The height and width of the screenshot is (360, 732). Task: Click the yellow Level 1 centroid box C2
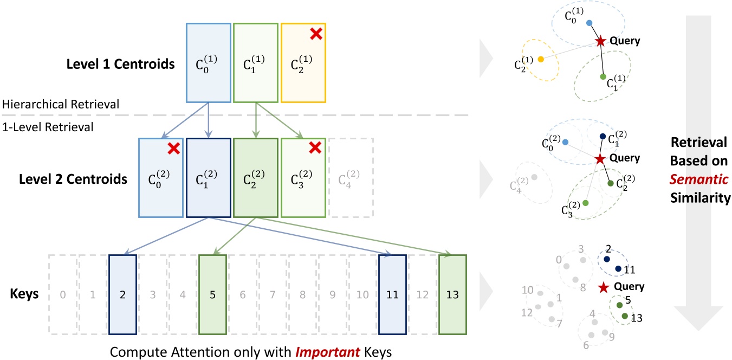point(303,62)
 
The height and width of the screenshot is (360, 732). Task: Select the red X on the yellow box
point(316,34)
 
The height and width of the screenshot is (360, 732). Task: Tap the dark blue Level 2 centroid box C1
point(209,178)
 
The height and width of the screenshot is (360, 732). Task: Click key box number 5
point(212,295)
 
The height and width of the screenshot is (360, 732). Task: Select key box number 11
point(392,295)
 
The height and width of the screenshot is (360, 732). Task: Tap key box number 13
point(452,295)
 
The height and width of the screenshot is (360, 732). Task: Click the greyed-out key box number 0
point(63,295)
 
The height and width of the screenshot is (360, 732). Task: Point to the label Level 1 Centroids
point(120,65)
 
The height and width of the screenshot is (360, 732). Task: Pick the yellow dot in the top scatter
point(540,59)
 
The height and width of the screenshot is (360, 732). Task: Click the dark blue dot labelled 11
point(618,268)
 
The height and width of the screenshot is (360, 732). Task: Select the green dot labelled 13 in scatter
point(625,316)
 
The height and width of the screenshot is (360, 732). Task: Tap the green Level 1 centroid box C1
point(256,62)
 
